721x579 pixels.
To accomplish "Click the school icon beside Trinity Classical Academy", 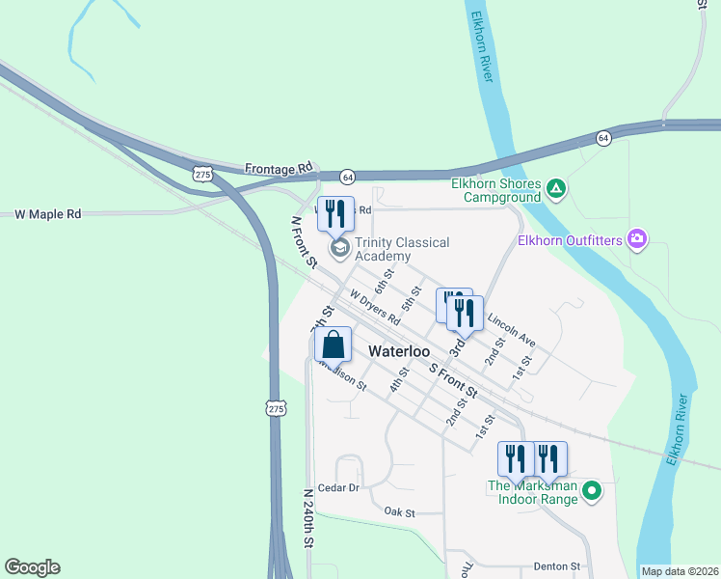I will pyautogui.click(x=338, y=248).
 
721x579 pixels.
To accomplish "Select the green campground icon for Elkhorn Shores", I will pyautogui.click(x=556, y=187).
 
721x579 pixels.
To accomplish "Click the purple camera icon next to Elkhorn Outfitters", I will pyautogui.click(x=635, y=238).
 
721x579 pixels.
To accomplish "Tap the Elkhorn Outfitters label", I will pyautogui.click(x=569, y=239).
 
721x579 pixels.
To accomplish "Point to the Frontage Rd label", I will pyautogui.click(x=280, y=168).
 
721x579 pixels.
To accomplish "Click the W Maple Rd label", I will pyautogui.click(x=48, y=213).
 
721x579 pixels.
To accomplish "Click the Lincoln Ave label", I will pyautogui.click(x=511, y=328).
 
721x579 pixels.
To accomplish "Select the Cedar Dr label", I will pyautogui.click(x=337, y=488).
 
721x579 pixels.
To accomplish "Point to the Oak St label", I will pyautogui.click(x=398, y=511).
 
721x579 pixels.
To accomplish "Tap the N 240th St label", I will pyautogui.click(x=308, y=518).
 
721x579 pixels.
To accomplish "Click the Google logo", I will pyautogui.click(x=32, y=567).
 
